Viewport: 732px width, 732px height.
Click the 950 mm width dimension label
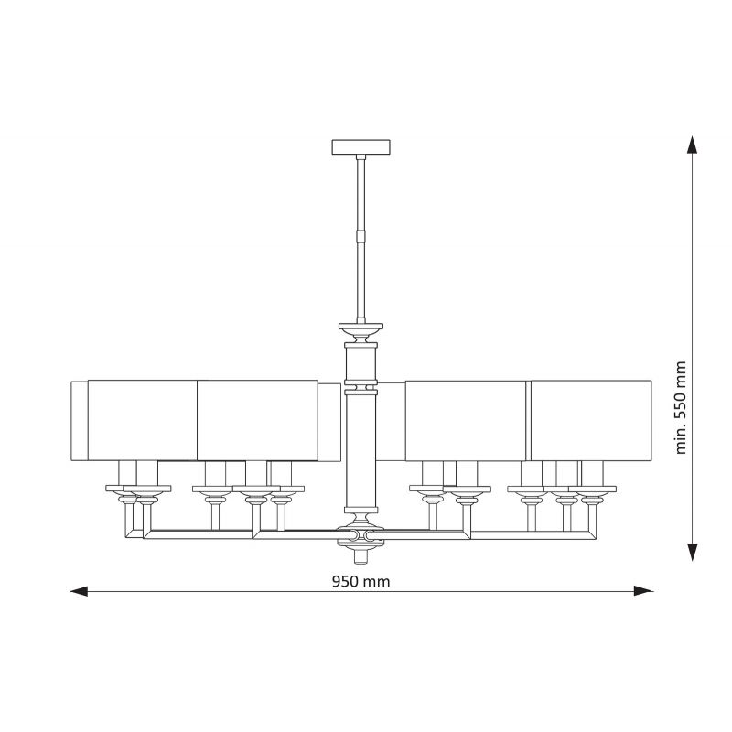click(x=361, y=581)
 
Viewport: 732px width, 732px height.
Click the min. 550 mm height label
click(x=681, y=407)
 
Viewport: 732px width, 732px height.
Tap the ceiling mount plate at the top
click(x=361, y=147)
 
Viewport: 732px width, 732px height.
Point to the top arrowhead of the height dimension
click(x=693, y=145)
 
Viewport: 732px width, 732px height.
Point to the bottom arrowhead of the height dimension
click(x=693, y=553)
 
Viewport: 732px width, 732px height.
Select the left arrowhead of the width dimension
click(x=79, y=591)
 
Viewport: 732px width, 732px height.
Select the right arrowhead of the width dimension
click(x=643, y=591)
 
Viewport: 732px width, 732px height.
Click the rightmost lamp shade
click(x=591, y=421)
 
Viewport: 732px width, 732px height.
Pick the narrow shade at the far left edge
click(x=80, y=421)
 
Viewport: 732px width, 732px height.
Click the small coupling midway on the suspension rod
click(x=361, y=235)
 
